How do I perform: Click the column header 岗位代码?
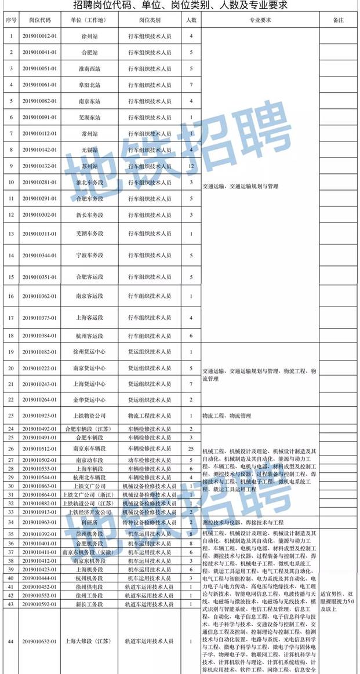40,20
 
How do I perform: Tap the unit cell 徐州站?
89,36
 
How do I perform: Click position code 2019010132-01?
40,166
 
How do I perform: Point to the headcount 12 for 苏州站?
191,166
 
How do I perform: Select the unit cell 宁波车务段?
89,256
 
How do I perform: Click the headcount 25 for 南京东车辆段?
191,449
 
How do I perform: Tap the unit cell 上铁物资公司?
89,416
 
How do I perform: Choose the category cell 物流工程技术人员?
150,416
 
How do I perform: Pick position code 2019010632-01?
40,641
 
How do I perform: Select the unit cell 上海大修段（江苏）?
89,641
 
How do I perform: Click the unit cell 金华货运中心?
89,399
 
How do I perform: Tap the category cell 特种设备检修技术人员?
150,522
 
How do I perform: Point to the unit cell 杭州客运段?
89,336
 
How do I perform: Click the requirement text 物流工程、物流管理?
226,416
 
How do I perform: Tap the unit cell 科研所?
89,522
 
